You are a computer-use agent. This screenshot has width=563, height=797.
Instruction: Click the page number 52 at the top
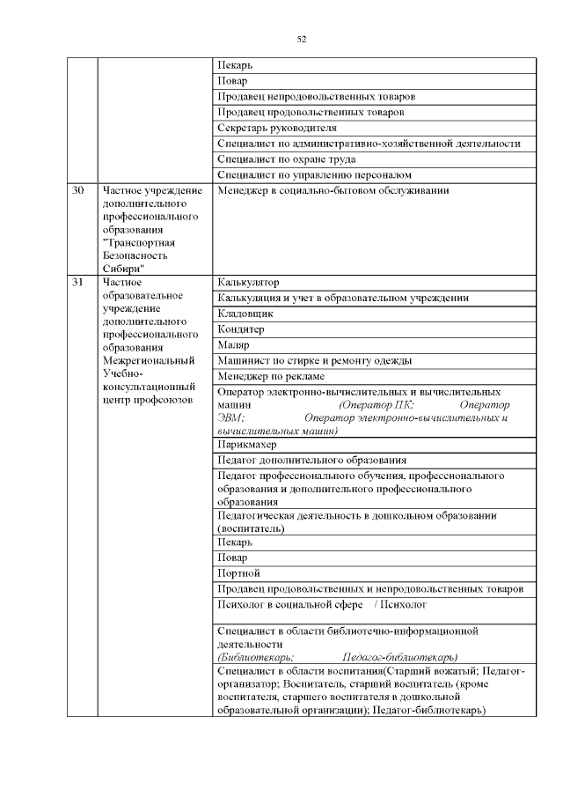pos(301,39)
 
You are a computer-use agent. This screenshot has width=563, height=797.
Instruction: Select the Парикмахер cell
pos(249,445)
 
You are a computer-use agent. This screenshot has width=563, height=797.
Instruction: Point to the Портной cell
pos(238,573)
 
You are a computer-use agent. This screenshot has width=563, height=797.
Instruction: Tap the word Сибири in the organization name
pos(124,268)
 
